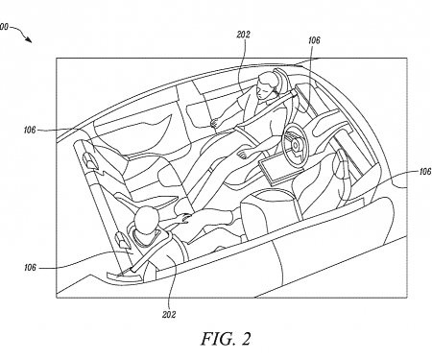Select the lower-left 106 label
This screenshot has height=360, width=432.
(x=30, y=267)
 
